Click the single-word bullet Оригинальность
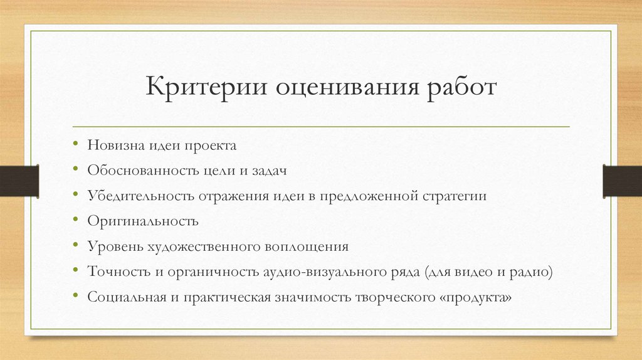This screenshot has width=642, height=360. pyautogui.click(x=143, y=221)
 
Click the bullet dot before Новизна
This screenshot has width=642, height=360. pyautogui.click(x=75, y=146)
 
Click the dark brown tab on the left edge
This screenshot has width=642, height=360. pyautogui.click(x=19, y=180)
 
